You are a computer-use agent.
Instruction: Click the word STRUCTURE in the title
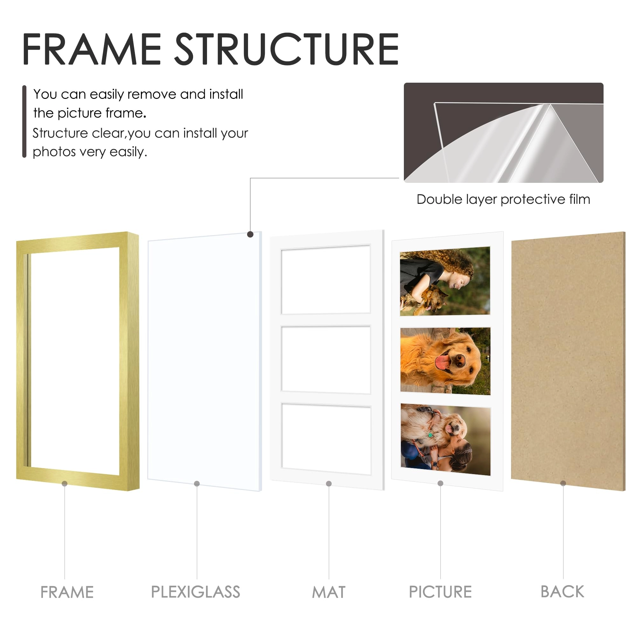287,49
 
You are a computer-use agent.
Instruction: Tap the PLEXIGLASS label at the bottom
196,592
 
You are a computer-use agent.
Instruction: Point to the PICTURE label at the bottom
440,592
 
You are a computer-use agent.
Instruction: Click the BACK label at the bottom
562,591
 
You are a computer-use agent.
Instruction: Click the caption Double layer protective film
503,199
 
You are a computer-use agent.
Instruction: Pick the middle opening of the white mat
326,359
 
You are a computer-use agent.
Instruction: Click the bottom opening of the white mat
326,439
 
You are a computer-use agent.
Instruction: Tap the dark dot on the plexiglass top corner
250,234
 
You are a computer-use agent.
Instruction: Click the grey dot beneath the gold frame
65,483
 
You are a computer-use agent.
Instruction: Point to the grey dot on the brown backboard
563,483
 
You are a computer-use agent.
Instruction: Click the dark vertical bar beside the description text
24,121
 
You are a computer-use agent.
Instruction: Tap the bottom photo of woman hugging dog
446,439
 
